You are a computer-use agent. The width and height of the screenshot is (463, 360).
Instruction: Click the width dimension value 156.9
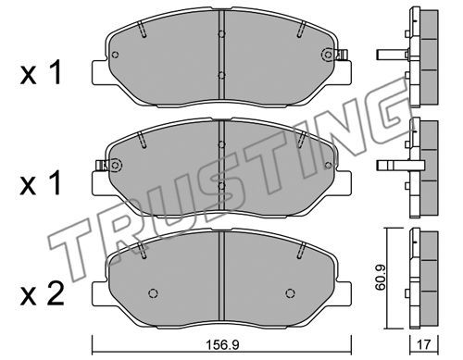coord(222,344)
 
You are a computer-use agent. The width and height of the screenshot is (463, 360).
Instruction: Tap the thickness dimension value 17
coord(424,344)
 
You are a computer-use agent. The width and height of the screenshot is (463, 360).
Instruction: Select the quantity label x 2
coord(42,293)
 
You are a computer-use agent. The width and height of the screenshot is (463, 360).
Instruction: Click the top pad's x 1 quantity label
coord(41,73)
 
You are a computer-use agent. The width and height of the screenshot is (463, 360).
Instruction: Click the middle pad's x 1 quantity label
coord(40,183)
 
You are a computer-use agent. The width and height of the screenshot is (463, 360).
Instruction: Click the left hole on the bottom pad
coord(153,292)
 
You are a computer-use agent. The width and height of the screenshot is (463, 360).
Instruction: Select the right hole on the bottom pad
coord(290,292)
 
